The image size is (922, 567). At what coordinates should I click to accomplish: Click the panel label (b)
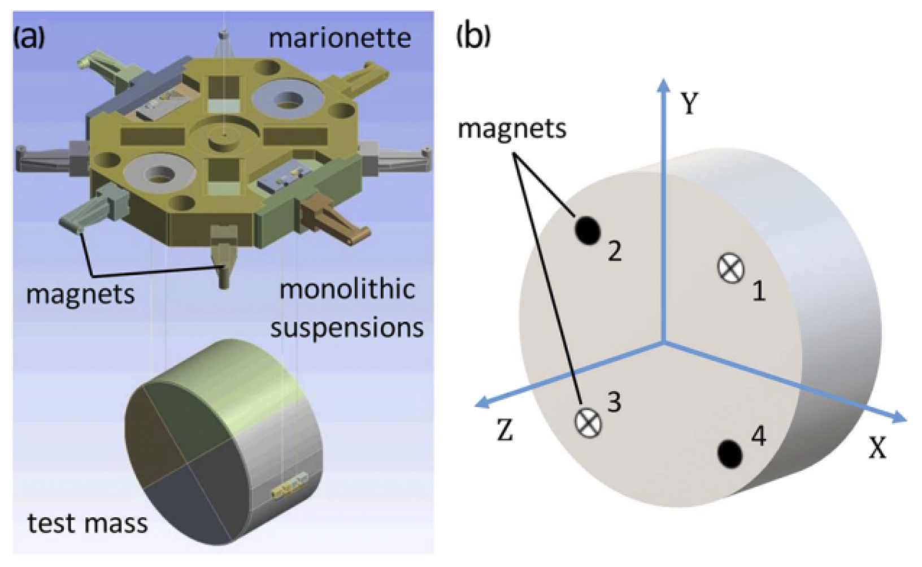473,36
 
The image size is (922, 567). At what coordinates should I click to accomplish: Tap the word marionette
340,38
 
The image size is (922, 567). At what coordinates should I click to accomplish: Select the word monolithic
347,289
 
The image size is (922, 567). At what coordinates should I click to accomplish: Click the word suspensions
347,327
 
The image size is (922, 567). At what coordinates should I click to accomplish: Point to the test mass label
88,523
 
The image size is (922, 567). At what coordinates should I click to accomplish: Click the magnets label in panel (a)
80,294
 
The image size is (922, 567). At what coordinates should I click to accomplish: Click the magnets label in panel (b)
512,128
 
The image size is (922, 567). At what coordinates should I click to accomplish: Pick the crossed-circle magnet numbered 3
588,421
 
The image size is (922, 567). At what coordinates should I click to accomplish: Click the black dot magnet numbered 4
729,453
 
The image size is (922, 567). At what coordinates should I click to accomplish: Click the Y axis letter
689,103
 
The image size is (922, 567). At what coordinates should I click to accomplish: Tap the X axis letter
877,448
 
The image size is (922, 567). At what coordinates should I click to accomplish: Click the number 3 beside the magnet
614,402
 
